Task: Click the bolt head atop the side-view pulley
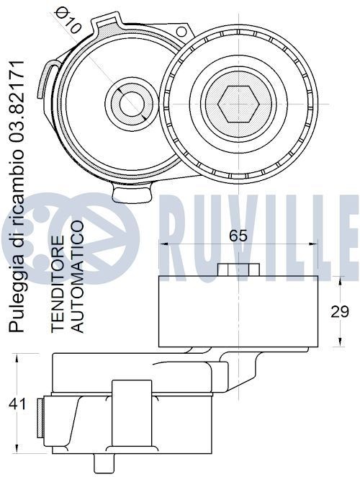pyautogui.click(x=238, y=269)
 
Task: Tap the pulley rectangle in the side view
pyautogui.click(x=238, y=310)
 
